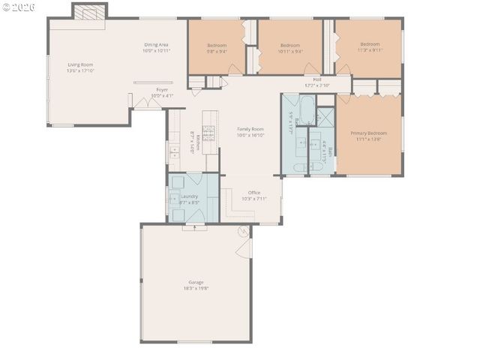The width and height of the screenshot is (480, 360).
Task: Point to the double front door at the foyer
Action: coord(154,103)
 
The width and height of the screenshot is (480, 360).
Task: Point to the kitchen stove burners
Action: coord(210,133)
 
